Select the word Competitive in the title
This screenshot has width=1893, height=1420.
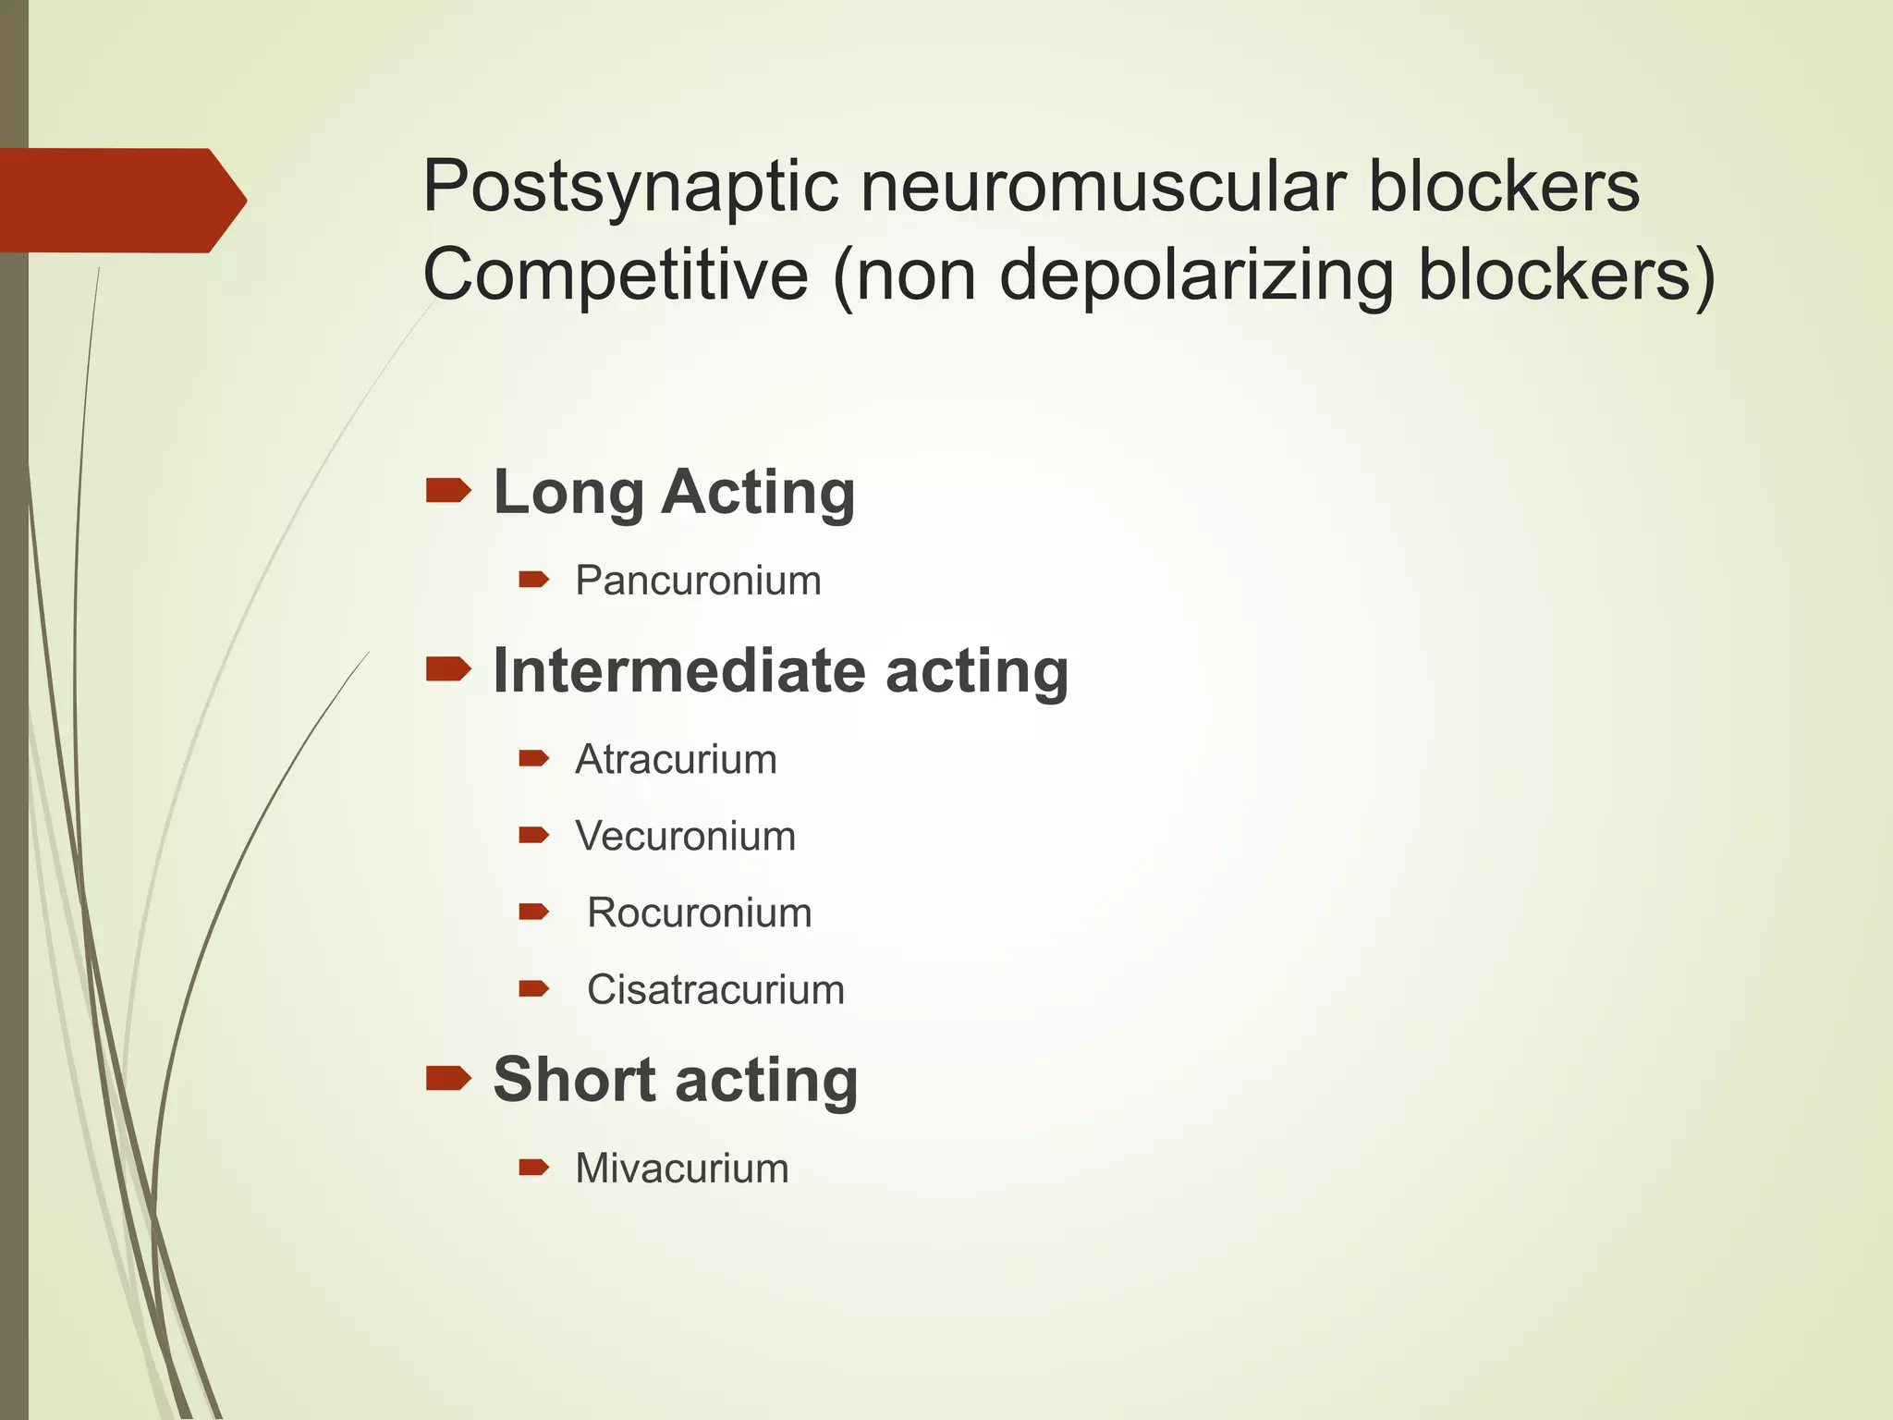615,275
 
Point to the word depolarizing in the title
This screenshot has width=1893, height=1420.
1196,275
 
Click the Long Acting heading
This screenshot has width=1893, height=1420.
674,492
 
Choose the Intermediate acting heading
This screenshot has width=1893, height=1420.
781,670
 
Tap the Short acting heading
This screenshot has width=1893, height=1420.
676,1080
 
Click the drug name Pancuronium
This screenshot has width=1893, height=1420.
698,581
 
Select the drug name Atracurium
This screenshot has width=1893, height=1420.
676,760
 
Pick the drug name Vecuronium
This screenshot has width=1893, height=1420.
685,837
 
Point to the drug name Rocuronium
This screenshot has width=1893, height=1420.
700,913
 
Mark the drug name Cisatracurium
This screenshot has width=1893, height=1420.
715,990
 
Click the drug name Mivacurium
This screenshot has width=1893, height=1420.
682,1169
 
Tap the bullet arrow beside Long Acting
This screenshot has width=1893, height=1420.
448,490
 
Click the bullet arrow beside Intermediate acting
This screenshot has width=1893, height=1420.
448,668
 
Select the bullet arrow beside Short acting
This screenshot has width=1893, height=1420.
448,1078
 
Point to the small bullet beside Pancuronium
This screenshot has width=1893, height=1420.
534,580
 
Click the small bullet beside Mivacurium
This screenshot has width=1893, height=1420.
534,1168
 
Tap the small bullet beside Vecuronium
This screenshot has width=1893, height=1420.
534,836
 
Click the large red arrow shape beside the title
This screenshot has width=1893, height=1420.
120,200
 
